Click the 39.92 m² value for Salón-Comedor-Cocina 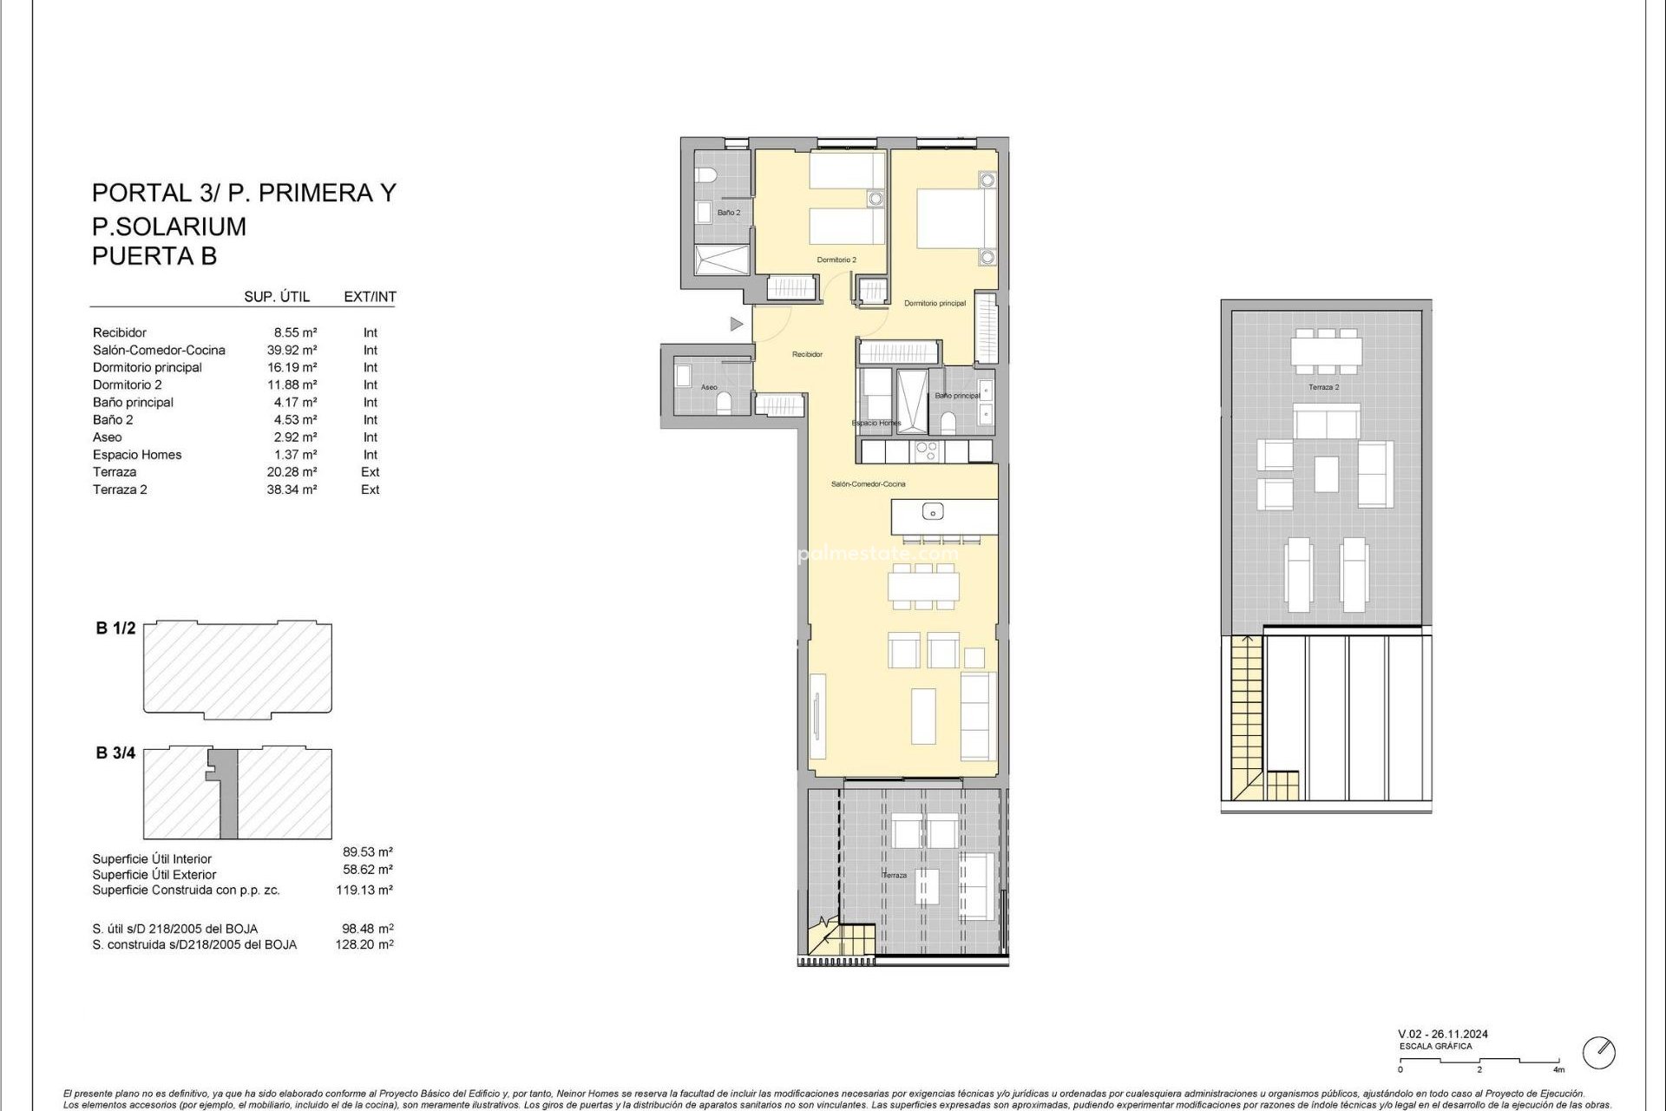coord(292,350)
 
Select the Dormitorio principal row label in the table coord(147,367)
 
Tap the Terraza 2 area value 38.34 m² coord(292,490)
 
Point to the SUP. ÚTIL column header coord(277,297)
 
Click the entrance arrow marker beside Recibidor coord(736,324)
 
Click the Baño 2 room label coord(728,213)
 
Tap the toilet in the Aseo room coord(727,399)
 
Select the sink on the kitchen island coord(933,511)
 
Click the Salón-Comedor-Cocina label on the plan coord(868,483)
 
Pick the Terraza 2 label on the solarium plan coord(1323,387)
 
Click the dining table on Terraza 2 coord(1325,351)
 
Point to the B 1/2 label coord(115,628)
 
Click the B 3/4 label coord(115,753)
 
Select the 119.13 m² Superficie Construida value coord(364,890)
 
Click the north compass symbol coord(1599,1053)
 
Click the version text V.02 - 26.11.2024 coord(1442,1034)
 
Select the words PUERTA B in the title coord(154,256)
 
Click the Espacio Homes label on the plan coord(876,423)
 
